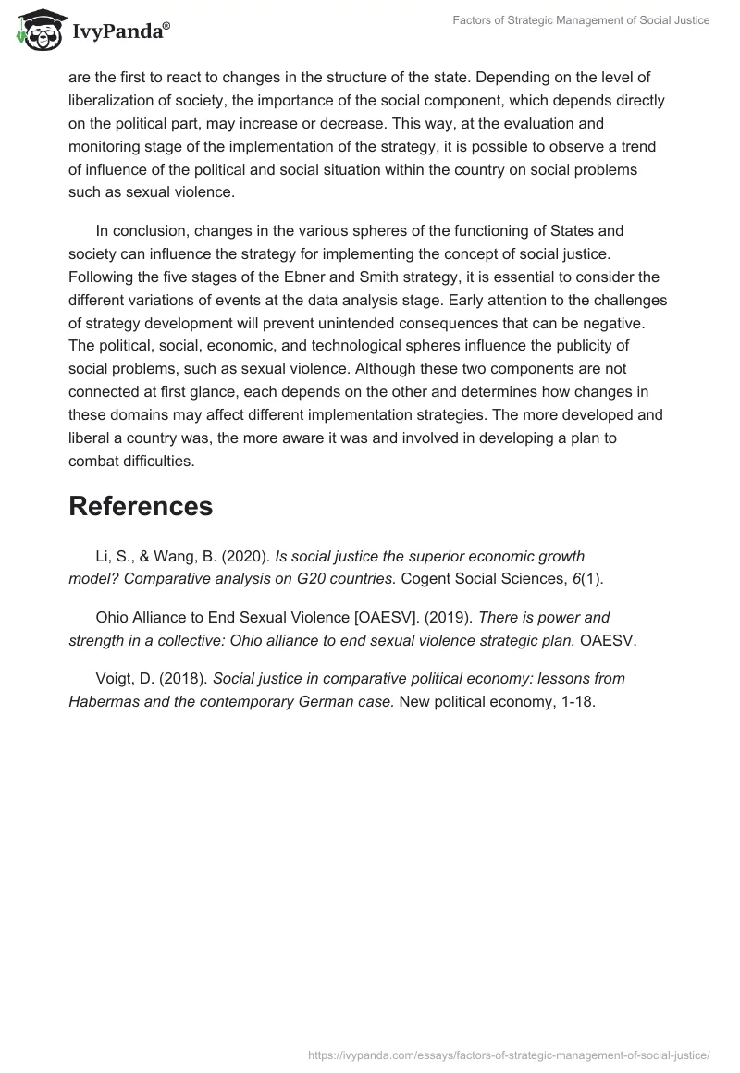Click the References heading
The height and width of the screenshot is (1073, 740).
click(141, 506)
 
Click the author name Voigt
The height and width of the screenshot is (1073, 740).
click(116, 678)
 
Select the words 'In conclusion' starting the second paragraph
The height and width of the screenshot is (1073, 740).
click(141, 230)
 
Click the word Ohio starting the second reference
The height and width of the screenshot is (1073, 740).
click(113, 617)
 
